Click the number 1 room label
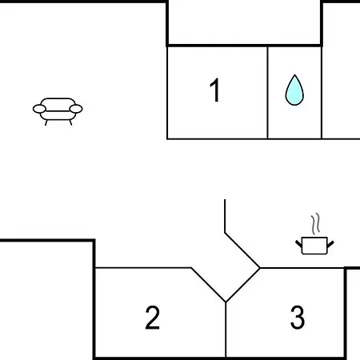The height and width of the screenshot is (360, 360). click(x=215, y=90)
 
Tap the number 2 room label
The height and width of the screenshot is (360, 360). click(x=153, y=318)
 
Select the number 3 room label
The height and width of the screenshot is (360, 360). click(x=298, y=318)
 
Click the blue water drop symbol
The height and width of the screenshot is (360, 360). click(x=294, y=90)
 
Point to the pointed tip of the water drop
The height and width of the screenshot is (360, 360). click(x=294, y=74)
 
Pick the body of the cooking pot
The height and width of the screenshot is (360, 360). click(x=314, y=246)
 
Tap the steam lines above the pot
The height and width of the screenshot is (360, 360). click(x=315, y=223)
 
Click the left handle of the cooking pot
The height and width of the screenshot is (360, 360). click(x=299, y=243)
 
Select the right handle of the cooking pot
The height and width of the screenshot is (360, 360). click(x=330, y=244)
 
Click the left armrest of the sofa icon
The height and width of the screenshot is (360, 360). click(x=39, y=109)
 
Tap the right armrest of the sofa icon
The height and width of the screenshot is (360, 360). click(x=76, y=109)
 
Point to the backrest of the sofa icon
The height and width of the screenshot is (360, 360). click(x=58, y=102)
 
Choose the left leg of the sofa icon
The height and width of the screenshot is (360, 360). click(x=46, y=122)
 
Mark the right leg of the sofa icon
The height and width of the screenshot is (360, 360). click(x=70, y=122)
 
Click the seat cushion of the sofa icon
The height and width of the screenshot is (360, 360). click(x=58, y=115)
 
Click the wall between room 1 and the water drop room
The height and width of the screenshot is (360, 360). click(x=267, y=93)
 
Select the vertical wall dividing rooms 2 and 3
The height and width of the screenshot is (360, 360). click(x=226, y=329)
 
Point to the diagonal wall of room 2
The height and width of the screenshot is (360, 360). click(x=208, y=285)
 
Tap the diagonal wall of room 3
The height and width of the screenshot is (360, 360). click(x=243, y=285)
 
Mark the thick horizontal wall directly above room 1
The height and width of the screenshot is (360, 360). click(x=244, y=46)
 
